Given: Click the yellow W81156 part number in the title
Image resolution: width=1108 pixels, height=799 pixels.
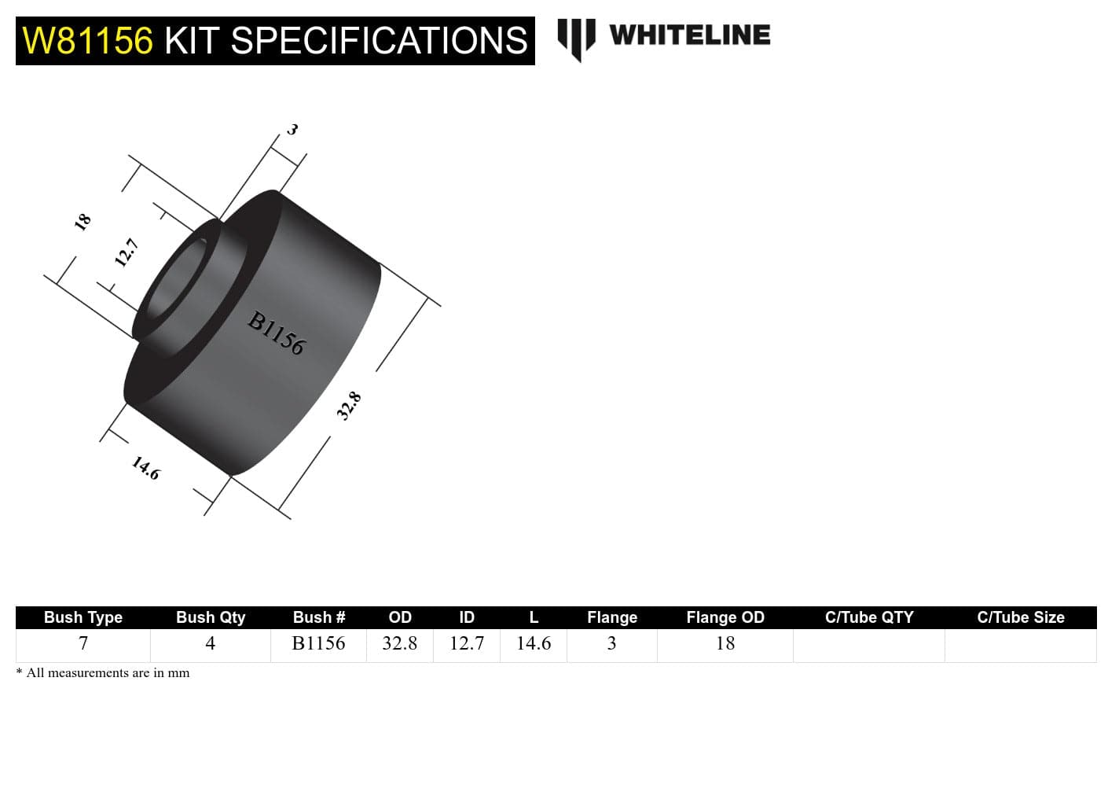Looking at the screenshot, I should (x=87, y=41).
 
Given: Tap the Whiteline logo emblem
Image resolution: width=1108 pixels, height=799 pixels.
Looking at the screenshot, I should (x=576, y=39).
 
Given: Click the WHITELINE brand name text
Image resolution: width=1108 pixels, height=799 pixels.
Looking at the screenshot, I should (x=689, y=35).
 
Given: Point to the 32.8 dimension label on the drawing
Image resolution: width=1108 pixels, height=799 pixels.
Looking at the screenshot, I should (x=349, y=406).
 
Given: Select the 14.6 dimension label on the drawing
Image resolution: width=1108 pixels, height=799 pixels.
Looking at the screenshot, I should (x=145, y=469).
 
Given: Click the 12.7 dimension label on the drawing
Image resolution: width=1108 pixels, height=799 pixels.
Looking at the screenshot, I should (x=127, y=252).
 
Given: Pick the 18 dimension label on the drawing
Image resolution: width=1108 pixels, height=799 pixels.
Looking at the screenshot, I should (x=83, y=222).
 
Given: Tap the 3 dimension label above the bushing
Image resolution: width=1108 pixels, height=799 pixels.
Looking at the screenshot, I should (x=292, y=129).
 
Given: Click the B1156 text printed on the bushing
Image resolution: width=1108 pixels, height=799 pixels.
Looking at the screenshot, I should (x=276, y=333).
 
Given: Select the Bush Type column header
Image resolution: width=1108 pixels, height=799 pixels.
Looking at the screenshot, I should (x=83, y=617).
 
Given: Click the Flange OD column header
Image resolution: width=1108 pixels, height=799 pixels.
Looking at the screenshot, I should (x=725, y=617).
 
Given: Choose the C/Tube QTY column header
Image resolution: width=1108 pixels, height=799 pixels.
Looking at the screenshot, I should (x=869, y=617).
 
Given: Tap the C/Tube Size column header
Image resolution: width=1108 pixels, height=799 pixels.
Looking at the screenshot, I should (x=1020, y=617).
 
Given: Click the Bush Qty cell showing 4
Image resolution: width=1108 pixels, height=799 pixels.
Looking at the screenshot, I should (x=210, y=644).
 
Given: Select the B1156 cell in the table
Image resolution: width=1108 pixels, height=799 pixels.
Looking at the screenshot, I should (x=318, y=644).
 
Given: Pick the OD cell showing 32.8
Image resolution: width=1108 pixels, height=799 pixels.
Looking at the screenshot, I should (x=399, y=644).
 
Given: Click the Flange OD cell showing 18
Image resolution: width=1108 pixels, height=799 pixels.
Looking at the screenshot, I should (x=725, y=644).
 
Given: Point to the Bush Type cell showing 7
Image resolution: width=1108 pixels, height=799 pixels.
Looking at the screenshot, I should (x=83, y=644).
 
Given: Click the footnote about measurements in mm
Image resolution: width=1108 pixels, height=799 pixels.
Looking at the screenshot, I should (x=103, y=673).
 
